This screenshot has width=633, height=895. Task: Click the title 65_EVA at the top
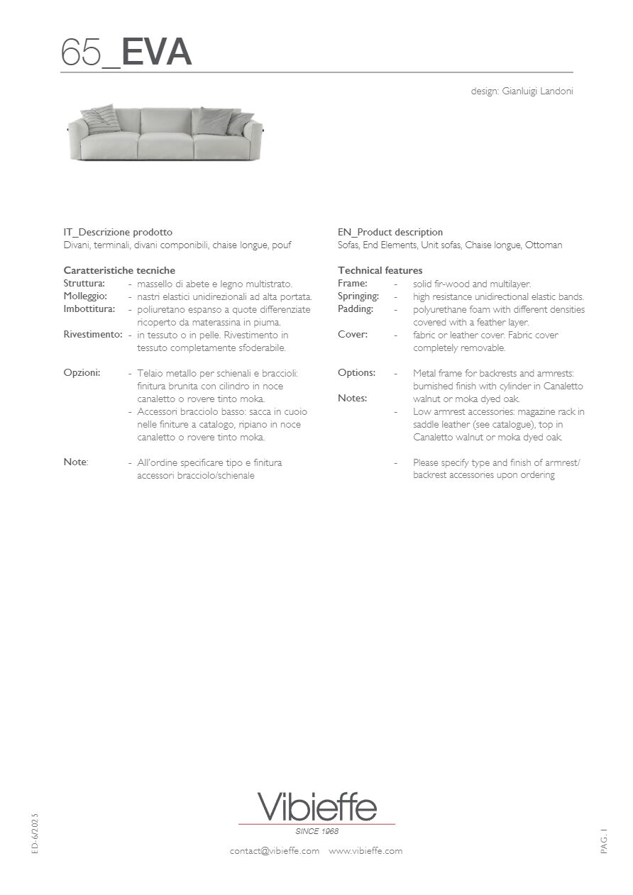(126, 52)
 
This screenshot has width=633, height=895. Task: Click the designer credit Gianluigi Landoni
(522, 91)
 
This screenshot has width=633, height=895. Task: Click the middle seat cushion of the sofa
(165, 145)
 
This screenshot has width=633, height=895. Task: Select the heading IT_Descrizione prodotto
(118, 232)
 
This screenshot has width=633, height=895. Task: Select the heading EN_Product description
(390, 232)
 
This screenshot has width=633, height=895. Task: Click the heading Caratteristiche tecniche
(119, 270)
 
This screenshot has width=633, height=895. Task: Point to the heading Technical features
(380, 270)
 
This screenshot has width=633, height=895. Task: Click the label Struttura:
(84, 283)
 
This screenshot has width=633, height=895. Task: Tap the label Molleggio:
(85, 296)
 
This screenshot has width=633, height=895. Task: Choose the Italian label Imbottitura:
(89, 308)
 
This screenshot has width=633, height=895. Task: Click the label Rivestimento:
(93, 334)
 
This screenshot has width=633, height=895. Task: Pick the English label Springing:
(358, 296)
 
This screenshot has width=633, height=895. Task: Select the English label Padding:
(356, 308)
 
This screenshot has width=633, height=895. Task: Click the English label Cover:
(353, 334)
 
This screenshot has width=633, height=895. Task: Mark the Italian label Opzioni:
(82, 372)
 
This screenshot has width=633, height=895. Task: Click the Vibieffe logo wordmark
(316, 807)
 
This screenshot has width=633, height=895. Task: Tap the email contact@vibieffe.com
(274, 850)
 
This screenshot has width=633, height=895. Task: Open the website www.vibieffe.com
(365, 850)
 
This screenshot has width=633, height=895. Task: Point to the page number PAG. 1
(604, 840)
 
